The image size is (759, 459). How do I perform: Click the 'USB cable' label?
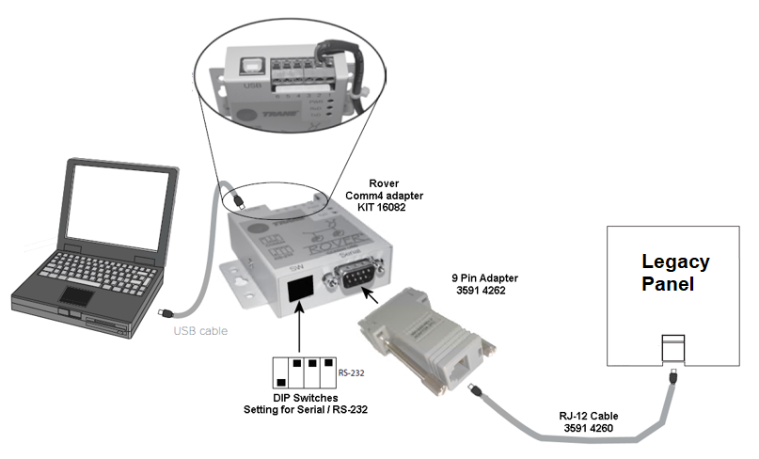point(200,330)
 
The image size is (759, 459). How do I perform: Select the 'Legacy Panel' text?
point(675,273)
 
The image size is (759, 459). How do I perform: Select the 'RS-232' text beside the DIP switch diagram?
point(352,372)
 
